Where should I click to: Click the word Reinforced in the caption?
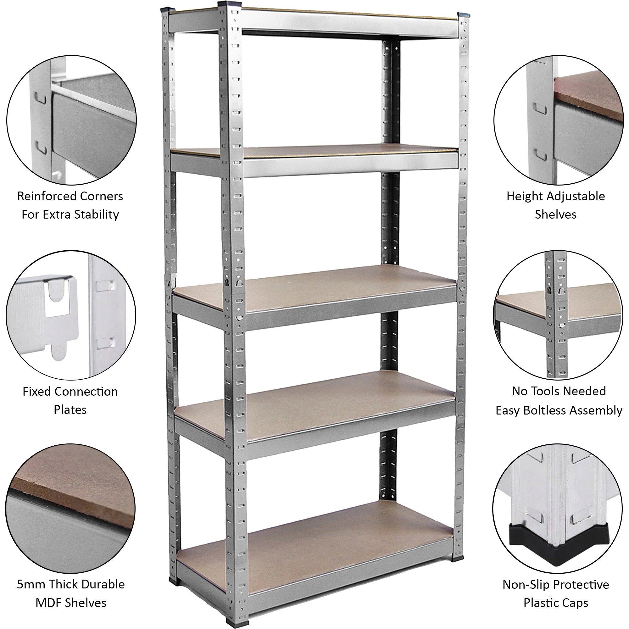click(42, 197)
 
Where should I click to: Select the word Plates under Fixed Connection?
click(70, 409)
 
